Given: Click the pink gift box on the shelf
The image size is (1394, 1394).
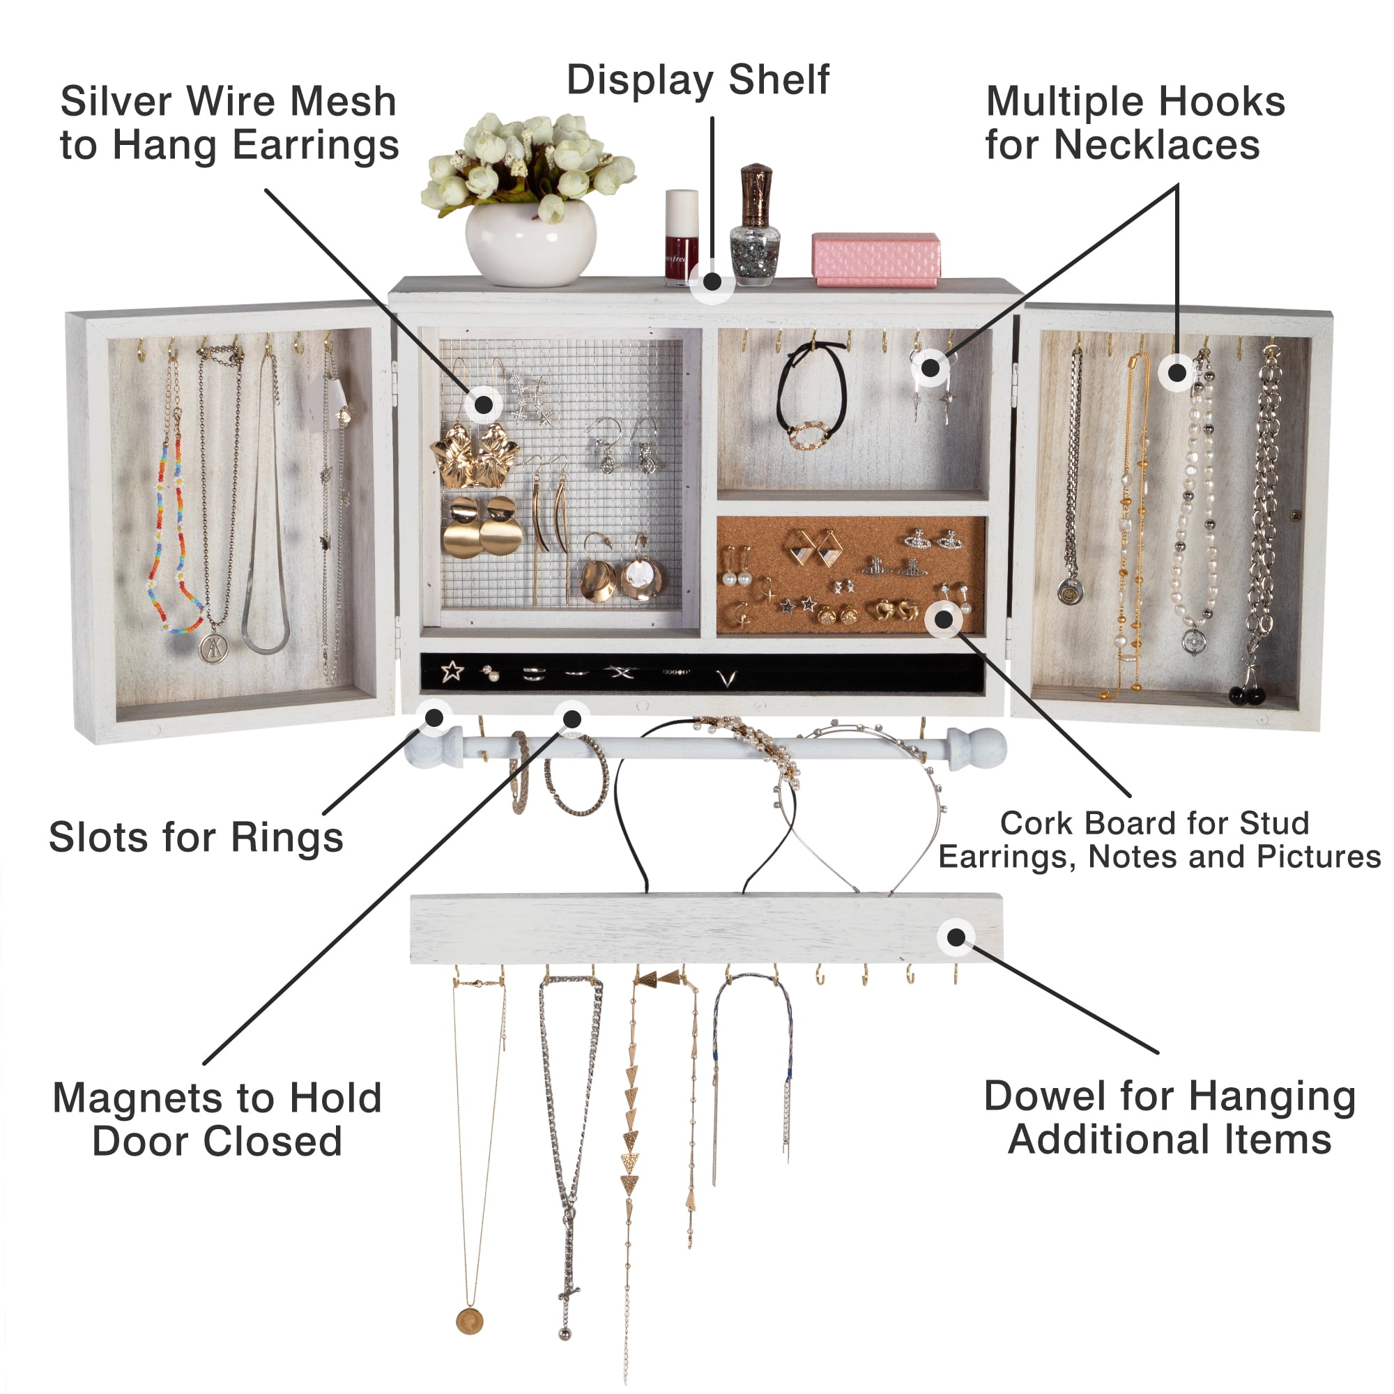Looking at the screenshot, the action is [x=876, y=259].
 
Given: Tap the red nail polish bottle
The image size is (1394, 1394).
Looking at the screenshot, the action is [x=681, y=238].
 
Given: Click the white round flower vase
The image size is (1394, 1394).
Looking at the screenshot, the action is [x=530, y=243].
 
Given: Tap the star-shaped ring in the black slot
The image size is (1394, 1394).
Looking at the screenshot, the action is [x=452, y=671].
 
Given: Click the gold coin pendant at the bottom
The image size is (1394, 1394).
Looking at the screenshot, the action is [x=469, y=1321].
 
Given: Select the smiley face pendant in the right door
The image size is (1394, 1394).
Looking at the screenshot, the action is [x=1069, y=592].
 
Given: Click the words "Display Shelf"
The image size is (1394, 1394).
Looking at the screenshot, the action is [x=698, y=79].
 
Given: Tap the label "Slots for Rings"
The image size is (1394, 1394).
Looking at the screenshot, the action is [x=197, y=837].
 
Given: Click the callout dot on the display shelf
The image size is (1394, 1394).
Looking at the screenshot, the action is [x=712, y=282].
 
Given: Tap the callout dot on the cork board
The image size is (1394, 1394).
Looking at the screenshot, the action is [x=944, y=618].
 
